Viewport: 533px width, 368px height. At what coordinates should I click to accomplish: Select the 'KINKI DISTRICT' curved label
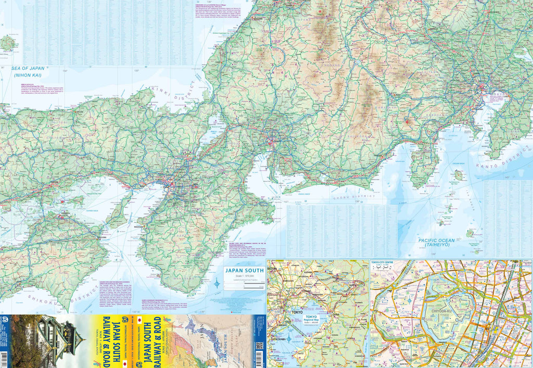coord(172,97)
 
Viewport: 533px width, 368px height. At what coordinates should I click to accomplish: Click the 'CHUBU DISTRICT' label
coord(353,196)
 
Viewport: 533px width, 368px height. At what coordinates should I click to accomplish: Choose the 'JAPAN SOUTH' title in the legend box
coord(244,271)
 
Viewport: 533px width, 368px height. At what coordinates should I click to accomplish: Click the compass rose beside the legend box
coord(218,284)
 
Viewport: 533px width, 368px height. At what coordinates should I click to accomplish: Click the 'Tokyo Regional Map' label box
coord(311,319)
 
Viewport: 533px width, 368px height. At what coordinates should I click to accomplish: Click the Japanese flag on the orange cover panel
coord(139,318)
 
